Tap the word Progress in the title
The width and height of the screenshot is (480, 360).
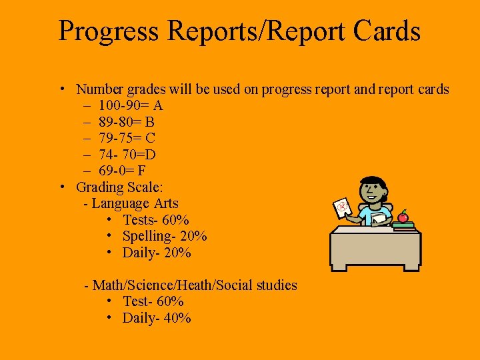pyautogui.click(x=109, y=32)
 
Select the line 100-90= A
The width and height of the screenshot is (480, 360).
pyautogui.click(x=130, y=105)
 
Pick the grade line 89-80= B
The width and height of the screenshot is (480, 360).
pyautogui.click(x=127, y=122)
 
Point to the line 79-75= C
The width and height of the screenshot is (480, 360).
pyautogui.click(x=127, y=138)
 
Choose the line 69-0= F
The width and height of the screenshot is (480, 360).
pyautogui.click(x=123, y=171)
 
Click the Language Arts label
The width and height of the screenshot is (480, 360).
pyautogui.click(x=135, y=203)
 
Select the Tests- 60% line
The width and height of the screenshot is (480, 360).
pyautogui.click(x=156, y=219)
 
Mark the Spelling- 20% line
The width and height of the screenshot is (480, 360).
pyautogui.click(x=165, y=236)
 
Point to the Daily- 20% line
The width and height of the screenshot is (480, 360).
pyautogui.click(x=157, y=253)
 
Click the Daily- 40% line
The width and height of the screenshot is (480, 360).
pyautogui.click(x=157, y=318)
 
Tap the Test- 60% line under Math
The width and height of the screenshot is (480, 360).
pyautogui.click(x=153, y=301)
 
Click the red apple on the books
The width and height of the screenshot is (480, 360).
pyautogui.click(x=403, y=216)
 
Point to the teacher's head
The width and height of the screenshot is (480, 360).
pyautogui.click(x=371, y=189)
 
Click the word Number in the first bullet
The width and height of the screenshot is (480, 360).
pyautogui.click(x=99, y=89)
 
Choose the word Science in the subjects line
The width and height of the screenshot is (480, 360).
pyautogui.click(x=157, y=285)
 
